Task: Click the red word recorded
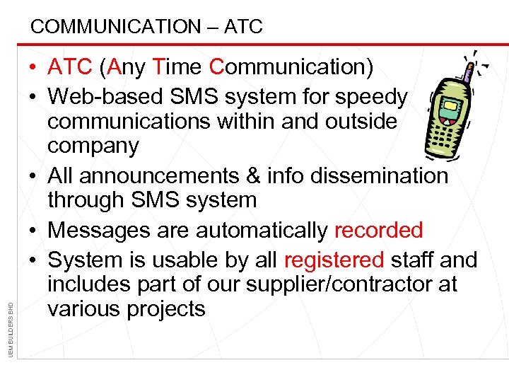tap(378, 230)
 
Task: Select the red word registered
tap(334, 260)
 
